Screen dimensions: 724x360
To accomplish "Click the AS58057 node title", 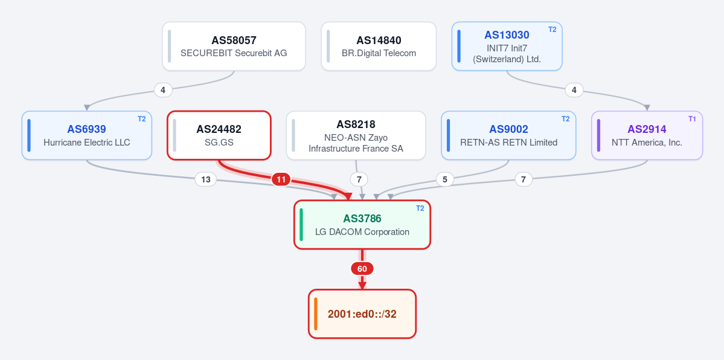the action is point(234,40).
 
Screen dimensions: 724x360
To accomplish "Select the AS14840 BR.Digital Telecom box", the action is point(379,47).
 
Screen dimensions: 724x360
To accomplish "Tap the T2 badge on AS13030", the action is point(553,30).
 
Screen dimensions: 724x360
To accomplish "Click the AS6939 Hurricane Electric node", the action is point(87,135).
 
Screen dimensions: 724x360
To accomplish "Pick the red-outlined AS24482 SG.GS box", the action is point(219,135).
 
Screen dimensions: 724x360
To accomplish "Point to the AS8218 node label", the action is point(356,124).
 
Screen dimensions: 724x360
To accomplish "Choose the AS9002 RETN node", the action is point(508,135).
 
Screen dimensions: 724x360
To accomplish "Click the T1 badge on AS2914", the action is point(691,119).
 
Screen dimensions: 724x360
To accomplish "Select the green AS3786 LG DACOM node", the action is point(362,225).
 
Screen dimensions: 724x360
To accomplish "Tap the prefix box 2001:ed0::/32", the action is point(362,313).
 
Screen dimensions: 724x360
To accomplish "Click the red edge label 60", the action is point(362,269).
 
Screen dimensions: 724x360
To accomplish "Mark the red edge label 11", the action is point(281,179).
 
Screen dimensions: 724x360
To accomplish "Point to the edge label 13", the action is point(205,179).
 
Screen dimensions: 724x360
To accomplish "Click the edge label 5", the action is point(444,179).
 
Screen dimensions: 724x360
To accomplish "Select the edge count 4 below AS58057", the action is point(163,90).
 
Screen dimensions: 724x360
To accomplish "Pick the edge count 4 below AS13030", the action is point(574,90).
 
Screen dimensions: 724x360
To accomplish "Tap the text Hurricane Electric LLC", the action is point(87,143).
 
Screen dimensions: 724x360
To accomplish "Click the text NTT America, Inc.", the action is point(647,143).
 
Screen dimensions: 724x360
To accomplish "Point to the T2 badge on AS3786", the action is point(420,208).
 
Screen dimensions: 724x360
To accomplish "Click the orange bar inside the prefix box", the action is point(316,313).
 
